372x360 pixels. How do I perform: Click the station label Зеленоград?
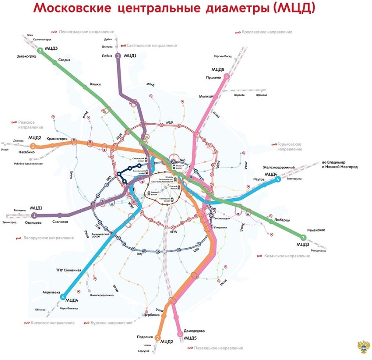[25, 56]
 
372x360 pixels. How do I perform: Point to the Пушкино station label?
[213, 78]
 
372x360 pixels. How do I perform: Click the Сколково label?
[60, 222]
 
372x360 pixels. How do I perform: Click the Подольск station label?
[145, 337]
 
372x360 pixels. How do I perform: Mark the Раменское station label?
[316, 230]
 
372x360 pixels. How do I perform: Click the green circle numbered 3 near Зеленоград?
[40, 51]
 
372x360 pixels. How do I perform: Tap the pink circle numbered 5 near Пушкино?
[227, 76]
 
